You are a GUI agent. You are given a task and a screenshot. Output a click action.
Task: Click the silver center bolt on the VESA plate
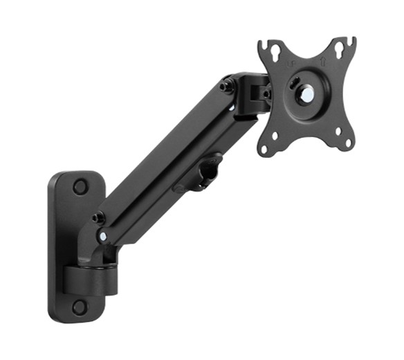pyautogui.click(x=305, y=96)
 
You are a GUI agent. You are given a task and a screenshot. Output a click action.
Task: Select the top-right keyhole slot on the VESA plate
pyautogui.click(x=340, y=50)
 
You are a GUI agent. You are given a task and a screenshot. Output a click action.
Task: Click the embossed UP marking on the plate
pyautogui.click(x=291, y=65)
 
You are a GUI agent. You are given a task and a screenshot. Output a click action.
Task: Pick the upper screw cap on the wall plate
pyautogui.click(x=80, y=186)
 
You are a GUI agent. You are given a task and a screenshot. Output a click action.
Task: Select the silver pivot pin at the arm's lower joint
pyautogui.click(x=103, y=236)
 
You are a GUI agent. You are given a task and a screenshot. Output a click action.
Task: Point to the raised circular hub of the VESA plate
pyautogui.click(x=305, y=96)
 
